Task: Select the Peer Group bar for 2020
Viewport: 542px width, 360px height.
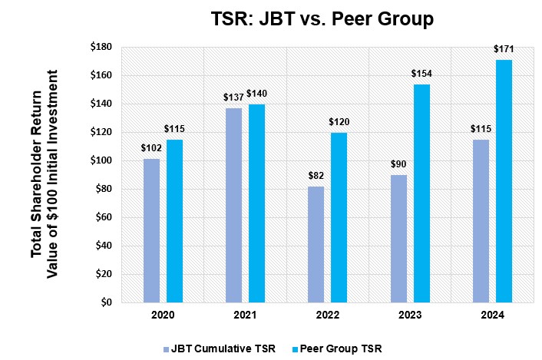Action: pos(174,221)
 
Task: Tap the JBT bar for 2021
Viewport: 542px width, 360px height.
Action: pos(233,205)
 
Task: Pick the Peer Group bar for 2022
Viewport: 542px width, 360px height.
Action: pos(339,217)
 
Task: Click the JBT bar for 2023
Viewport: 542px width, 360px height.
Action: pos(398,239)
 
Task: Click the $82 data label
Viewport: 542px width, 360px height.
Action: pos(316,177)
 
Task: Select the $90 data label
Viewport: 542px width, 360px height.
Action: pos(398,165)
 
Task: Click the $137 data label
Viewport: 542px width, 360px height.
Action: pos(233,97)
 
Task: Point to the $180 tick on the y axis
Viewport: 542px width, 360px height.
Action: pos(101,48)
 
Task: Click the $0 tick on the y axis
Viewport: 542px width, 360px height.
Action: pos(106,302)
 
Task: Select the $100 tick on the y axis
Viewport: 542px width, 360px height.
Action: pos(101,161)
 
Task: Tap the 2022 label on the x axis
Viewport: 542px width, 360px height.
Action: pos(328,315)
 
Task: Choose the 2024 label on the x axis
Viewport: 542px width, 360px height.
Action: pos(492,315)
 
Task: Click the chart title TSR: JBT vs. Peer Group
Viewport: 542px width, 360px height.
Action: pos(322,18)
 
